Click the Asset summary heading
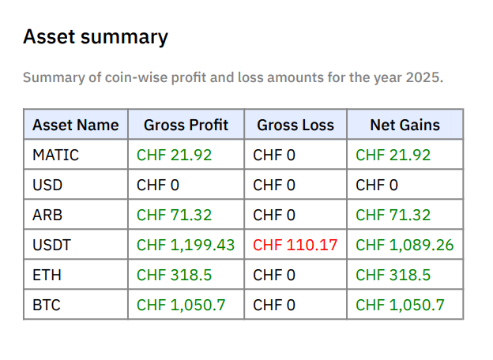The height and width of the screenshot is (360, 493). tap(95, 37)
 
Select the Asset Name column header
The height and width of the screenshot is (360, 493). tap(76, 125)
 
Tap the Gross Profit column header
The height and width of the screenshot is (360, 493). tap(186, 125)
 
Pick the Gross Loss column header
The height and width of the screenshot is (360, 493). tap(295, 125)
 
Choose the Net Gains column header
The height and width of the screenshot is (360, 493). tap(405, 125)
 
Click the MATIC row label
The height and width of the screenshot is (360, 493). tap(55, 155)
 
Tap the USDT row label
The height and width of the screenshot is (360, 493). tap(51, 245)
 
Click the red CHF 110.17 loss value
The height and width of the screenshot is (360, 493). tap(295, 245)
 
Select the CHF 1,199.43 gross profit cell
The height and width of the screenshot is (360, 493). tap(186, 245)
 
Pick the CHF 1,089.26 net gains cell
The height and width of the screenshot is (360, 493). tap(405, 245)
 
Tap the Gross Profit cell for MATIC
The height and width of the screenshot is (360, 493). tap(168, 155)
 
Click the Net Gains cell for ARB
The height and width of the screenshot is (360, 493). tap(393, 215)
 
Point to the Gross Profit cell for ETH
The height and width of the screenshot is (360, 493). tap(168, 275)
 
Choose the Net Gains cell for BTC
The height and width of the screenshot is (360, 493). tap(400, 305)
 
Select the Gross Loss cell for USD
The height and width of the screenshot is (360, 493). tap(273, 185)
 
